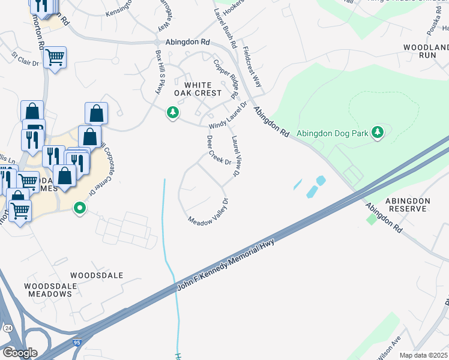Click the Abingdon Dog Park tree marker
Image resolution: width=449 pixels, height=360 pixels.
tap(377, 132)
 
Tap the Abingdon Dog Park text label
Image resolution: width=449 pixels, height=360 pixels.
tap(332, 133)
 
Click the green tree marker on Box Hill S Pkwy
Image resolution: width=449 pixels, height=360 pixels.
tap(173, 112)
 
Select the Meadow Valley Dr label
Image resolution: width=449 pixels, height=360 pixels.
tap(209, 212)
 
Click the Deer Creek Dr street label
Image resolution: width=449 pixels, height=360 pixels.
tap(218, 150)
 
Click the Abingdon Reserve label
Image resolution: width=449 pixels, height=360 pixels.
tap(408, 205)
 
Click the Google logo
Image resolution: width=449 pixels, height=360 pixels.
tap(20, 353)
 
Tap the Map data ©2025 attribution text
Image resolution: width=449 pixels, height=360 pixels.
tap(423, 355)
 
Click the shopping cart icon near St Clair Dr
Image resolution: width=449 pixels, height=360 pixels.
tap(55, 58)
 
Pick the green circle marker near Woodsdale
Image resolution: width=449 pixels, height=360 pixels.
tap(79, 209)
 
